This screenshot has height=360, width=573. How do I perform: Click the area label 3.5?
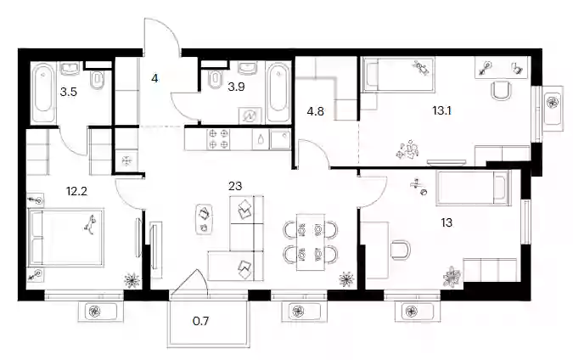(69, 92)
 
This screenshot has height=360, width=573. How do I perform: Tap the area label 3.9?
(236, 87)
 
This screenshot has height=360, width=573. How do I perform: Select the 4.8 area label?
(316, 111)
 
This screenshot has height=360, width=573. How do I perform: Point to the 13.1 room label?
(441, 110)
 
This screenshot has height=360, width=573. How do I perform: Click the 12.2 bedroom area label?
(76, 191)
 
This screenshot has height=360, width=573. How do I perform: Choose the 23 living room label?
(235, 186)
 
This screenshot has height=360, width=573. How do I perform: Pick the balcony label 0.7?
(200, 321)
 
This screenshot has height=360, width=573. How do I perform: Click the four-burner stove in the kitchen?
(218, 139)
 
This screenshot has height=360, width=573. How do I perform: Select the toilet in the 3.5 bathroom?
(98, 80)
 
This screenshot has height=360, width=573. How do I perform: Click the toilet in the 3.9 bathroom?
(215, 79)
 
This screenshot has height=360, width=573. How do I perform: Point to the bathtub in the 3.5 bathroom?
(43, 93)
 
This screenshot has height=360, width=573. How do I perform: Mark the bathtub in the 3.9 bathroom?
(278, 92)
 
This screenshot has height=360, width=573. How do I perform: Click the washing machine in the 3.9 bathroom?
(250, 115)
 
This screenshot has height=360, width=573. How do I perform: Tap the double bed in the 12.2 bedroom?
(66, 237)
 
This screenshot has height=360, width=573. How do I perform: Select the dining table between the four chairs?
(311, 242)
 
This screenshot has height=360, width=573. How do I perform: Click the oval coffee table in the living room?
(204, 219)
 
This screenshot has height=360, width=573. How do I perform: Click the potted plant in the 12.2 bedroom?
(132, 281)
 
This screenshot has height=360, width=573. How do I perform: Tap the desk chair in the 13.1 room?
(501, 91)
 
